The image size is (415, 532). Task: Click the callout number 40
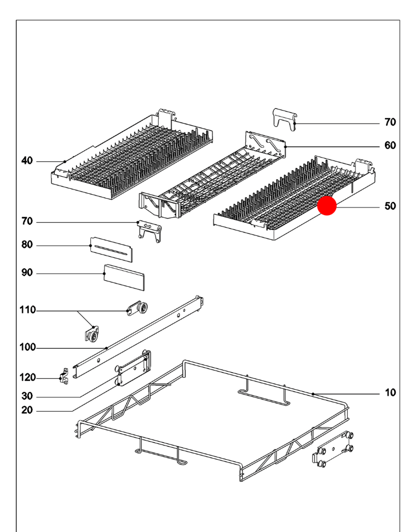(x=27, y=160)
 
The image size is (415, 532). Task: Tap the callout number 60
(x=390, y=146)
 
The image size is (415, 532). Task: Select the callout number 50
(x=390, y=206)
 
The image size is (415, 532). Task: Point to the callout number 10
(x=390, y=392)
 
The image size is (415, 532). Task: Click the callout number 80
(x=27, y=245)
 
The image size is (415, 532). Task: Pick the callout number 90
(x=27, y=272)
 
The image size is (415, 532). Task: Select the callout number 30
(x=27, y=396)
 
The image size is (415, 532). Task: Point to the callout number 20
(x=27, y=411)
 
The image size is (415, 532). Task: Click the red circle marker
(x=327, y=206)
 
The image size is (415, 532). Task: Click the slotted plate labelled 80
(x=112, y=250)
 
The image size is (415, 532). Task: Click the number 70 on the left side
(x=27, y=221)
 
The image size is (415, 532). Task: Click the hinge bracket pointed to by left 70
(x=148, y=230)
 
